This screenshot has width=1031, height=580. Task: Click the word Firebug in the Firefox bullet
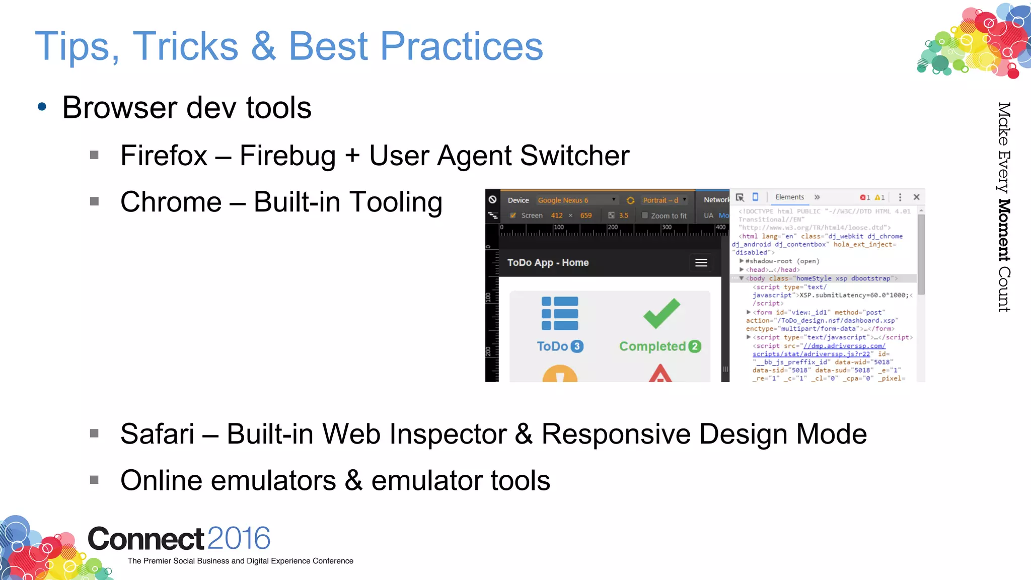coord(287,156)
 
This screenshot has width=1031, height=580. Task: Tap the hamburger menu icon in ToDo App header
coord(701,263)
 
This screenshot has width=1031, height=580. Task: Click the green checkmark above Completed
coord(661,313)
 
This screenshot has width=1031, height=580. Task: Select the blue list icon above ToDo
coord(560,313)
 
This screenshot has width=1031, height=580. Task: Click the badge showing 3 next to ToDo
coord(577,346)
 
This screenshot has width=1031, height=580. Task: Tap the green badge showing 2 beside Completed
coord(695,346)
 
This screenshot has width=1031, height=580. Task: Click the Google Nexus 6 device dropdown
coord(576,200)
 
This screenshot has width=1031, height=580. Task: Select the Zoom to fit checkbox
coord(645,215)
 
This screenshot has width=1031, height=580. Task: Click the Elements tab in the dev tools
coord(789,197)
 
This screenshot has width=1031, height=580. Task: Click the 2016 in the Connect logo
coord(239,539)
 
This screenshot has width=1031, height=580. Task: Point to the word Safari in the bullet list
coord(157,434)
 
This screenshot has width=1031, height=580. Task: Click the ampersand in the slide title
coord(263,46)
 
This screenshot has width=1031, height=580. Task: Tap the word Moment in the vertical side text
coord(1004,230)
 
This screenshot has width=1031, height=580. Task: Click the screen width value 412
coord(556,215)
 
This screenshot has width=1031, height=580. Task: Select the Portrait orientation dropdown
coord(664,200)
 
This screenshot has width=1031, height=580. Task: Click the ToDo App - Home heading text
coord(548,263)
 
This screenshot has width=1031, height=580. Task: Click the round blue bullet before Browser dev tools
coord(42,107)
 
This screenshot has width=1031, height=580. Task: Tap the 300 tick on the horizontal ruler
coord(667,228)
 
